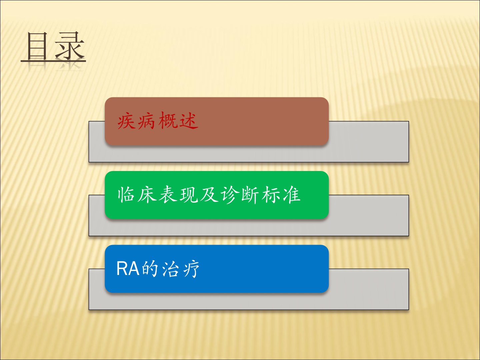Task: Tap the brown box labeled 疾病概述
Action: [217, 121]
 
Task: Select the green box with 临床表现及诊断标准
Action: [217, 195]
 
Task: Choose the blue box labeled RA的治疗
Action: [217, 269]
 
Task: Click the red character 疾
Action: [126, 121]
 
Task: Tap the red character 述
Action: [189, 121]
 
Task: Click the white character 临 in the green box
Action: [126, 195]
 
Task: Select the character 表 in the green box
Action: [168, 195]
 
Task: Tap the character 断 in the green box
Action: [250, 195]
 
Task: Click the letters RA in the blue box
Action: [128, 269]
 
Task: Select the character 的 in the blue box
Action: [150, 269]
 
